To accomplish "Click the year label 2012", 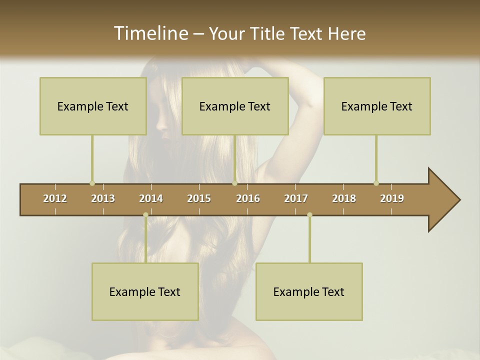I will pos(55,198).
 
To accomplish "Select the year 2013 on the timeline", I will pos(103,198).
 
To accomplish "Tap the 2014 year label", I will pos(151,198).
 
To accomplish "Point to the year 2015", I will pos(199,198).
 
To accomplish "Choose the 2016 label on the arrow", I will pos(248,198).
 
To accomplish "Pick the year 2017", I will pos(296,198).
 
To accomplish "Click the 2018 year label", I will pos(344,198).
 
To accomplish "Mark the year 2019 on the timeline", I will pos(392,198).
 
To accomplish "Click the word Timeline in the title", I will pos(150,33).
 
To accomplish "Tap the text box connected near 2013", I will pos(93,106).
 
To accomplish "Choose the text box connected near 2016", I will pos(235,106).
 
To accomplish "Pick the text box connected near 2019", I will pos(377,106).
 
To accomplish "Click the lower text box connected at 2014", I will pos(145,291).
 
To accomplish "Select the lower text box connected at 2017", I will pos(309,291).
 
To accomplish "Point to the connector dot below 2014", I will pos(145,215).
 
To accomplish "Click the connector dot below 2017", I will pos(309,215).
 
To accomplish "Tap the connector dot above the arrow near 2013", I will pos(92,183).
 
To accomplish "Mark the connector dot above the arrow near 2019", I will pos(376,183).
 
